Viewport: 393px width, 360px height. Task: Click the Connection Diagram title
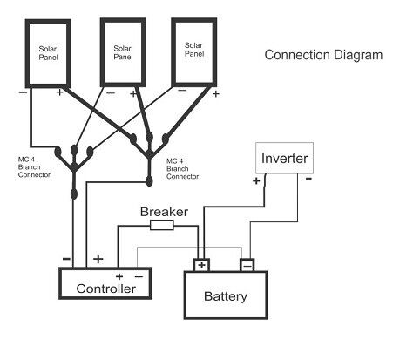pos(323,55)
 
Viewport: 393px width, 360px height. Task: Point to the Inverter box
pos(283,160)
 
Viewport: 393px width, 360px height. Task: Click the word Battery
pos(225,296)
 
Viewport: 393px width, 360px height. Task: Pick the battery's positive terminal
pos(202,264)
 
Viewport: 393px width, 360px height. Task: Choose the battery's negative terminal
pos(247,264)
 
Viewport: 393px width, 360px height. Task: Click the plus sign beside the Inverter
pos(256,181)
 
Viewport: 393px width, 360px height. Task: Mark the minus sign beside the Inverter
pos(308,180)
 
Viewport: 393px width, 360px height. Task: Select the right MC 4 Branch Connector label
pos(182,167)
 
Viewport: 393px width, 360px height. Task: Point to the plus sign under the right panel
pos(214,89)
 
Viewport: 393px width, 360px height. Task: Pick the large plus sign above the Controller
pos(98,259)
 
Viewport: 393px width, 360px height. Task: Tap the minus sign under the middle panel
pos(110,89)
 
